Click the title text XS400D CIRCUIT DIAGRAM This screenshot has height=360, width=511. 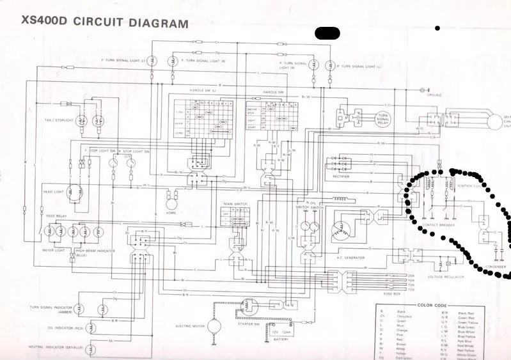[x=105, y=23]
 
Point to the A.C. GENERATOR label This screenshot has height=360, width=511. [x=350, y=258]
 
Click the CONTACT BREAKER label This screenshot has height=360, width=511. [x=439, y=226]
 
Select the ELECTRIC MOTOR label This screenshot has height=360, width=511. [x=191, y=325]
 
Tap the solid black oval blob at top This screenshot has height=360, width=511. [x=327, y=33]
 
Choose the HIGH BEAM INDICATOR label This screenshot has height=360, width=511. [x=96, y=251]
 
